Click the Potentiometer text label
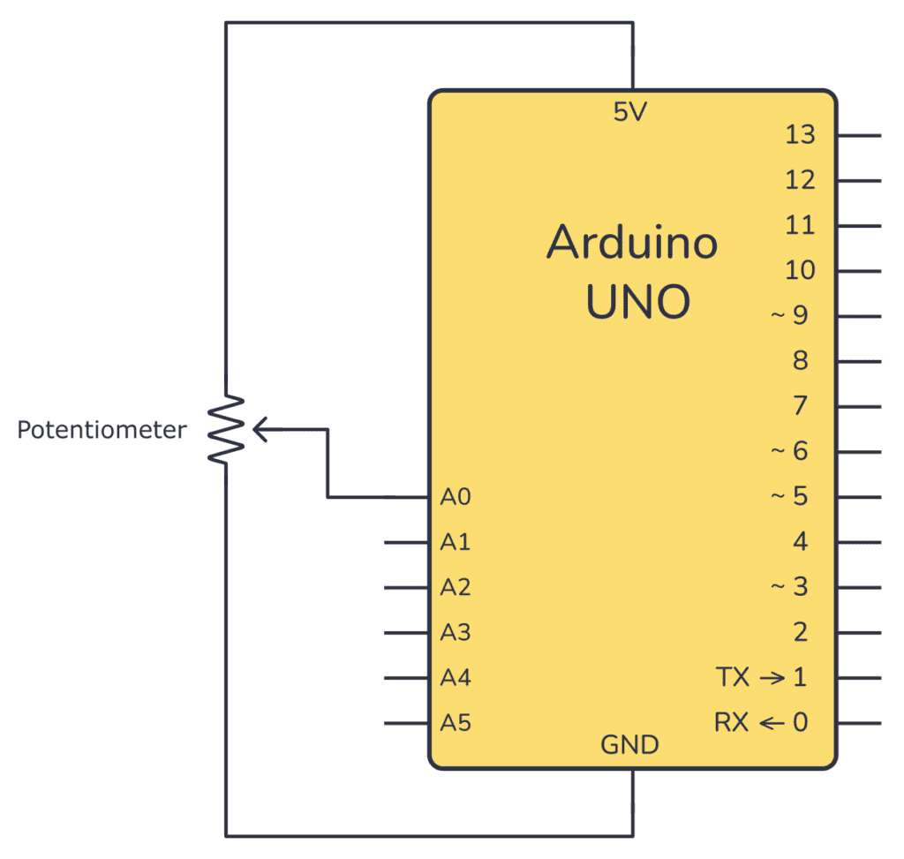102,431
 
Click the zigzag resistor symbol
226,430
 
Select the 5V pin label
632,112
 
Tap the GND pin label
629,746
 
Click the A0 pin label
456,497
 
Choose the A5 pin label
456,723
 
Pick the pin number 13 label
800,135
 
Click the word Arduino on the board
632,242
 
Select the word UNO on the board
637,302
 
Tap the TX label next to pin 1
733,678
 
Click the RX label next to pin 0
732,723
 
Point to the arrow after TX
772,678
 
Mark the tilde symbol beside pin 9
778,314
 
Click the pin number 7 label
800,406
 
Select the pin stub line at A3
407,633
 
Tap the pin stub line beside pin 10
858,271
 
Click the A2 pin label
456,587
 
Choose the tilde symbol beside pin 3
778,586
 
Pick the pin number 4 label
800,541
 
